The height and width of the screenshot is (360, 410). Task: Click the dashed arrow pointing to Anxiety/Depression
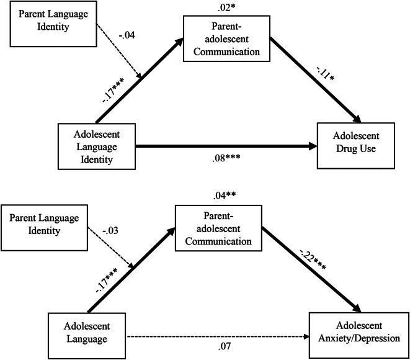tap(217, 337)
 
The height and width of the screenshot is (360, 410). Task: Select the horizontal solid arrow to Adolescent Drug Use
tap(226, 147)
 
